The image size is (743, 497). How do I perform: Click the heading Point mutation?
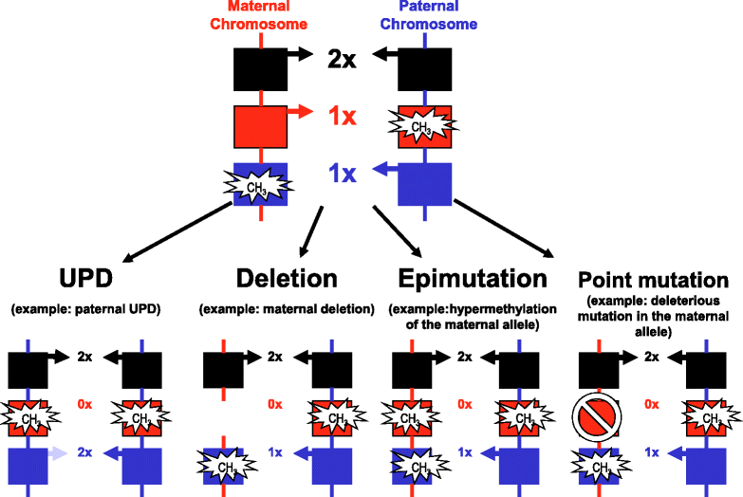click(653, 281)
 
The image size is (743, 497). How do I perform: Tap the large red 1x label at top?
click(342, 118)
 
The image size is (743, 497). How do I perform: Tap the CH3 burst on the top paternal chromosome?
click(421, 124)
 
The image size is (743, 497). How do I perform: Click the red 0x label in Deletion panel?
click(275, 404)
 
